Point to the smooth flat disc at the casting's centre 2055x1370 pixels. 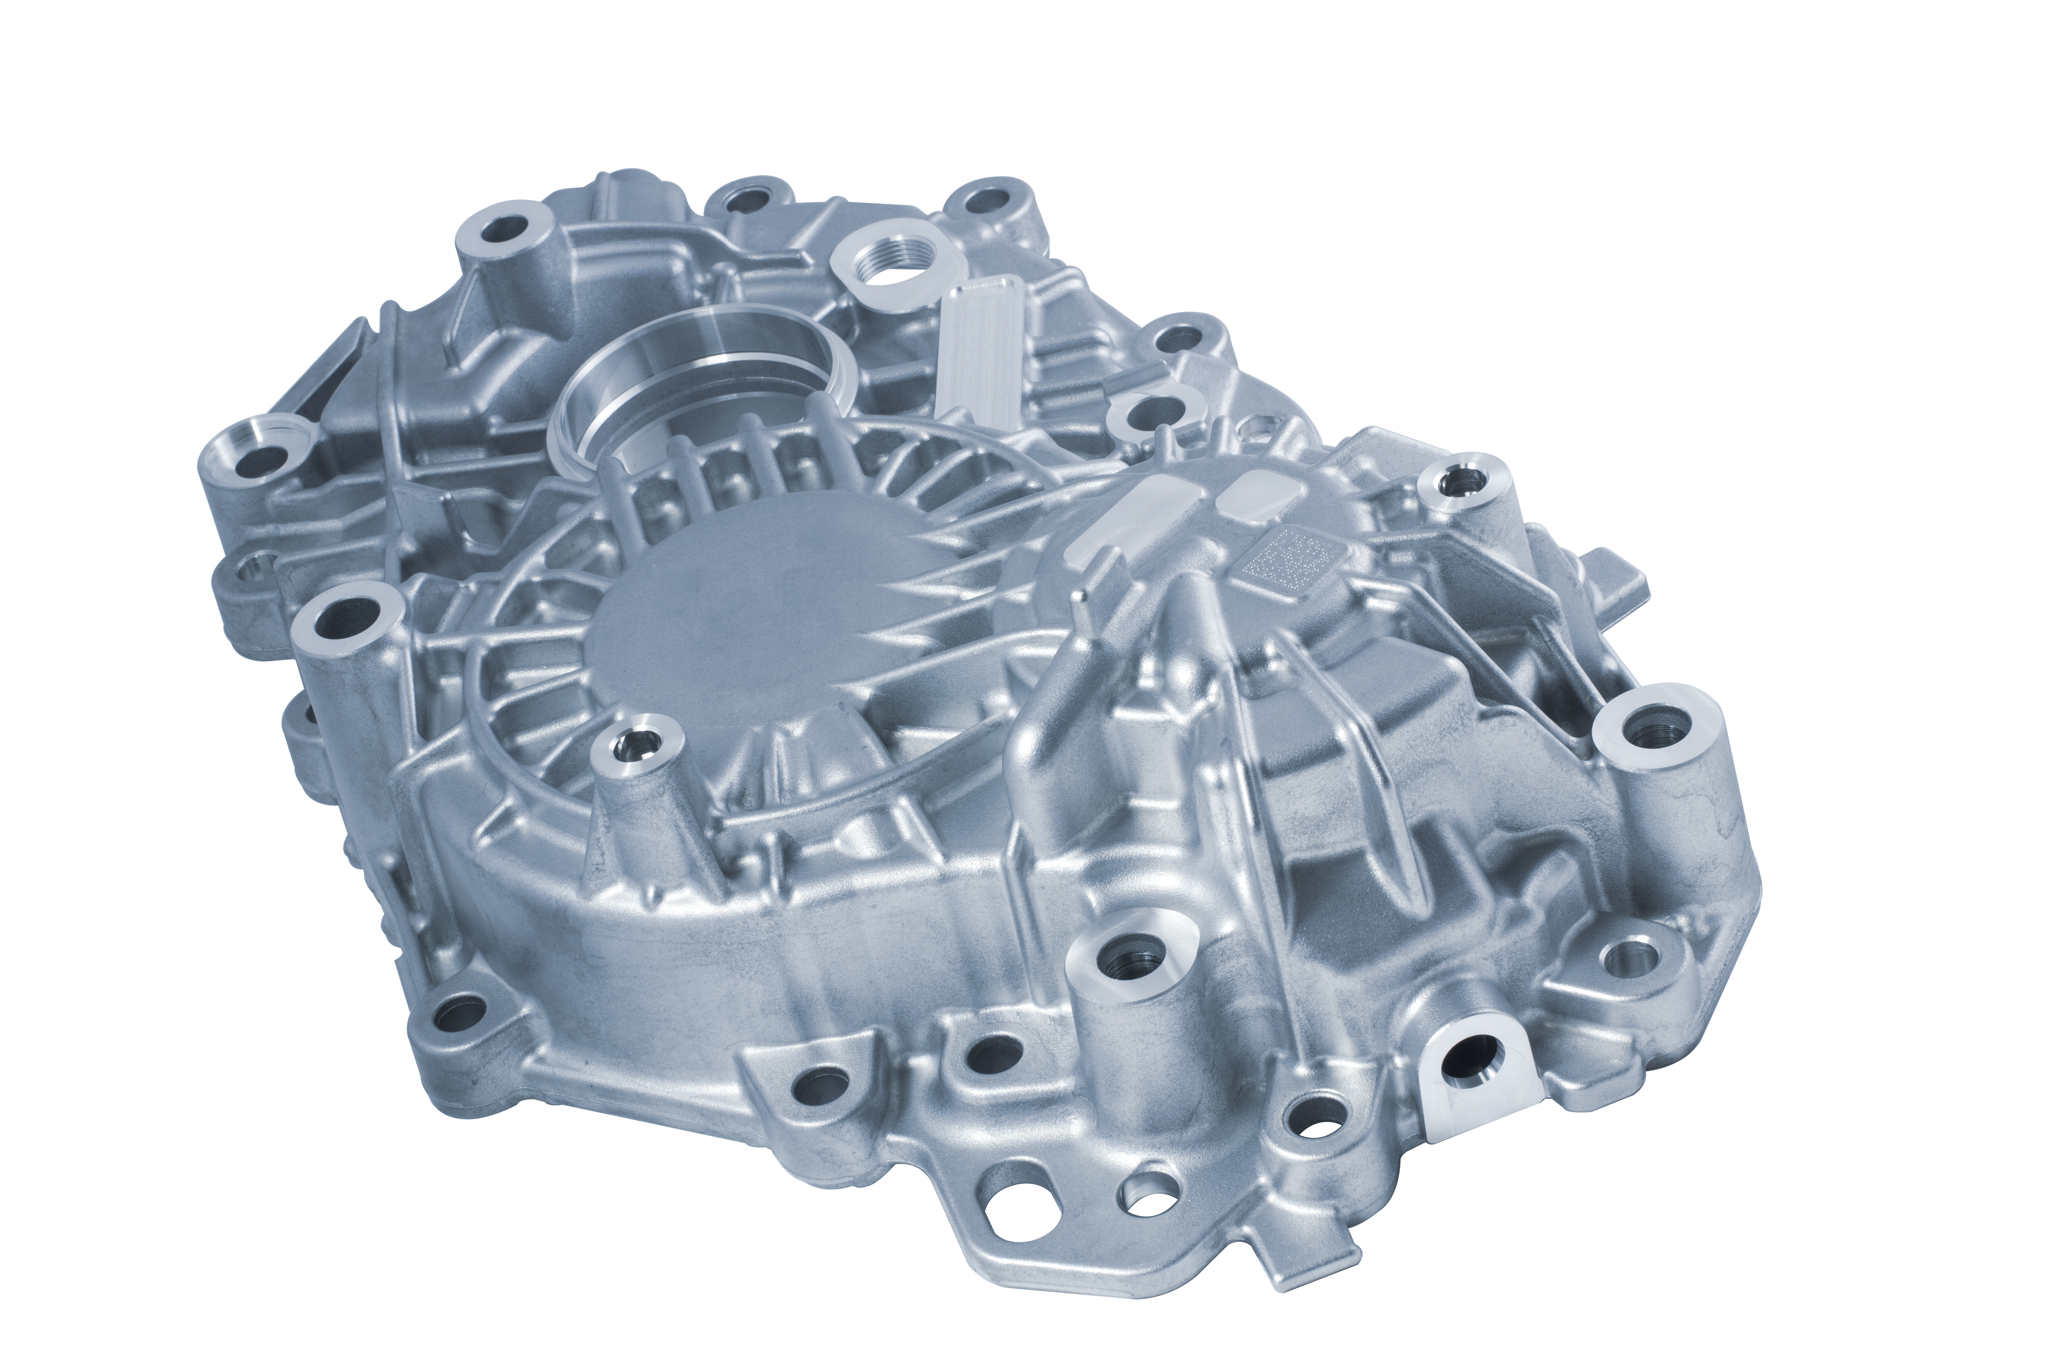(752, 612)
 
